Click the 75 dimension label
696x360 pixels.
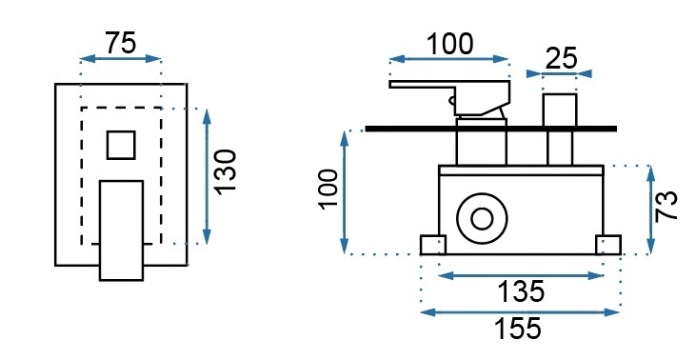tap(121, 44)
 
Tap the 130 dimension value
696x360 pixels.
tap(226, 171)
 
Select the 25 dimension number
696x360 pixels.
tap(561, 58)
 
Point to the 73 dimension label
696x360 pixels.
tap(667, 206)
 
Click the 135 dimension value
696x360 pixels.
tap(520, 291)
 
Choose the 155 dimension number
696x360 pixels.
tap(518, 329)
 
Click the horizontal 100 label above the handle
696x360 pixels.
tap(449, 45)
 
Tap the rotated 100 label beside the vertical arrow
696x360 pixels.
tap(328, 189)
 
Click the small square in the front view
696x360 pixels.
tap(121, 145)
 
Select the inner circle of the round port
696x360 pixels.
tap(482, 219)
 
